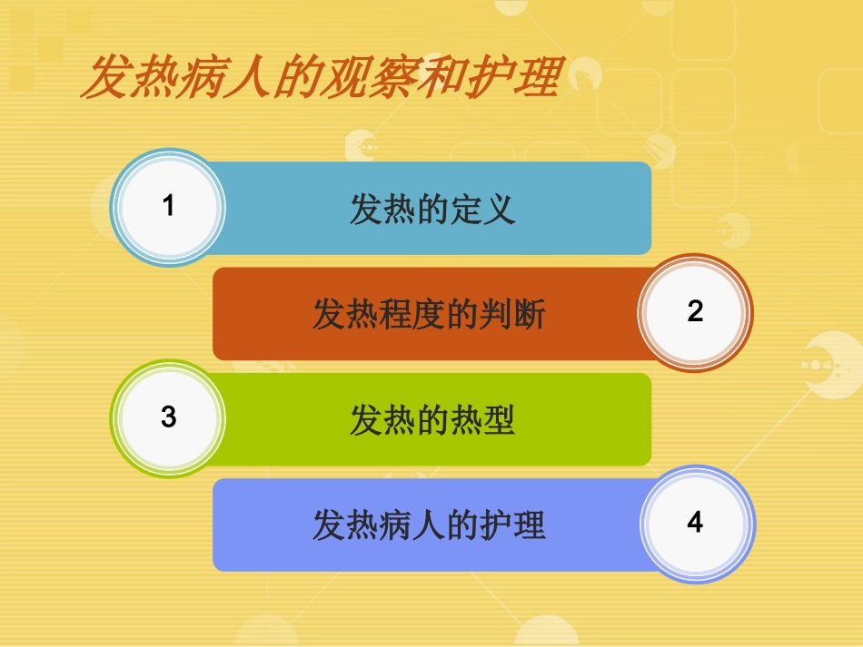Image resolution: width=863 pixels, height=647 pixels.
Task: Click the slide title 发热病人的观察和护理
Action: click(319, 78)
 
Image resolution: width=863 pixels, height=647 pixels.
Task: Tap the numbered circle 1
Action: click(168, 207)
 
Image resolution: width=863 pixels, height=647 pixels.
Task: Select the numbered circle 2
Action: click(695, 312)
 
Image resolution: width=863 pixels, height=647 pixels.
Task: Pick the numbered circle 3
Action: click(168, 418)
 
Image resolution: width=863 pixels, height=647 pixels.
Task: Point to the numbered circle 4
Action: click(695, 524)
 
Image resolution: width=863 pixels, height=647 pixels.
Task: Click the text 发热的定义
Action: click(432, 209)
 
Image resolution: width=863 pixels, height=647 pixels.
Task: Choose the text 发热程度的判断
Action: click(429, 315)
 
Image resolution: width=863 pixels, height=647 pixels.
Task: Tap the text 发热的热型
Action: click(432, 420)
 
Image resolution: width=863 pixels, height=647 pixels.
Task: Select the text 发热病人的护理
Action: click(429, 525)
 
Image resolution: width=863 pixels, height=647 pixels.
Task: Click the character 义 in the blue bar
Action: click(500, 209)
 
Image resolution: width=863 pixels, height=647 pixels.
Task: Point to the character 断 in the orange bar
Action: click(530, 315)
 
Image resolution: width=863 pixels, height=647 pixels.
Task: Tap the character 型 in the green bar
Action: click(500, 420)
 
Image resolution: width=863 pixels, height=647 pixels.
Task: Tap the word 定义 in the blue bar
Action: click(482, 209)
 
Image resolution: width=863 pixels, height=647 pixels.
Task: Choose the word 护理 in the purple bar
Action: click(513, 525)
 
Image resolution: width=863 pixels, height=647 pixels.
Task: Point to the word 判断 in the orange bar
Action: click(513, 315)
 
